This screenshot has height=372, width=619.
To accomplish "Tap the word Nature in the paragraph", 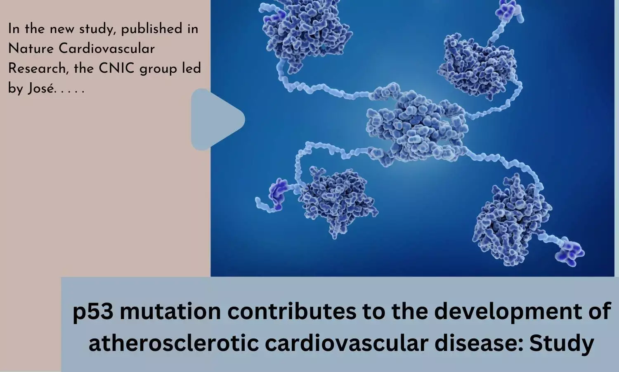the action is pos(31,49).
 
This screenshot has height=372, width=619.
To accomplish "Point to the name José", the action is pos(41,88).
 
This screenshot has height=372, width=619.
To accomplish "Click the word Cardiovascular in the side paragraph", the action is pos(106,49).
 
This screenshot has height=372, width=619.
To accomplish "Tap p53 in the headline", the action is pos(93,312).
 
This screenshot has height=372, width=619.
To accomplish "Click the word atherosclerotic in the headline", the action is pos(174,343).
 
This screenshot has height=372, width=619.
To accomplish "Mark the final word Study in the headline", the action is pos(562,343).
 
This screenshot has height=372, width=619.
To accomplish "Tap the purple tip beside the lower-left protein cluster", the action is pos(278,194).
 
